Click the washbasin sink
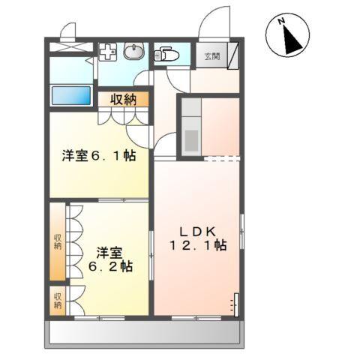coord(136,52)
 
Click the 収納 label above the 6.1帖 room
coord(124,98)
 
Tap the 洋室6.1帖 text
coord(98,156)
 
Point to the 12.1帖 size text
coord(199,245)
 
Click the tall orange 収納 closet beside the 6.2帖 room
coord(57,241)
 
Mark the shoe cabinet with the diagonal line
coord(234,55)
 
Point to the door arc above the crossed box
coord(69,31)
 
